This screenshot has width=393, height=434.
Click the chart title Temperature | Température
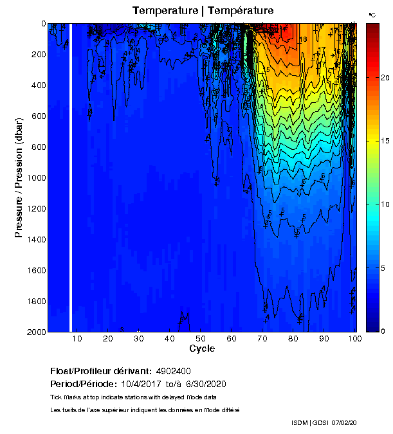coord(203,11)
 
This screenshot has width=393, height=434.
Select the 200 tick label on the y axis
coord(37,54)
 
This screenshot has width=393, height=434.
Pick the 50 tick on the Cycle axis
coord(201,338)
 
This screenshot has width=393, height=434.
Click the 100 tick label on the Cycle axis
coord(354,338)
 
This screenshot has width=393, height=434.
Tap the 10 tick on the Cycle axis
coord(77,338)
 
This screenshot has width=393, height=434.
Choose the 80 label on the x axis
coord(293,338)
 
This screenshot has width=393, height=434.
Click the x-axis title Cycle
coord(202,348)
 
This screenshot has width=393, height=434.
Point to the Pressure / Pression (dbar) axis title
coord(19,177)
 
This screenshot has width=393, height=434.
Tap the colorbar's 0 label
coord(383,331)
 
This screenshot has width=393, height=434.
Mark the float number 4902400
coord(173,372)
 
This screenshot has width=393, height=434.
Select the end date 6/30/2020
coord(205,384)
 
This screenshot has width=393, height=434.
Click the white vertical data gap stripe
coord(71,177)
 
